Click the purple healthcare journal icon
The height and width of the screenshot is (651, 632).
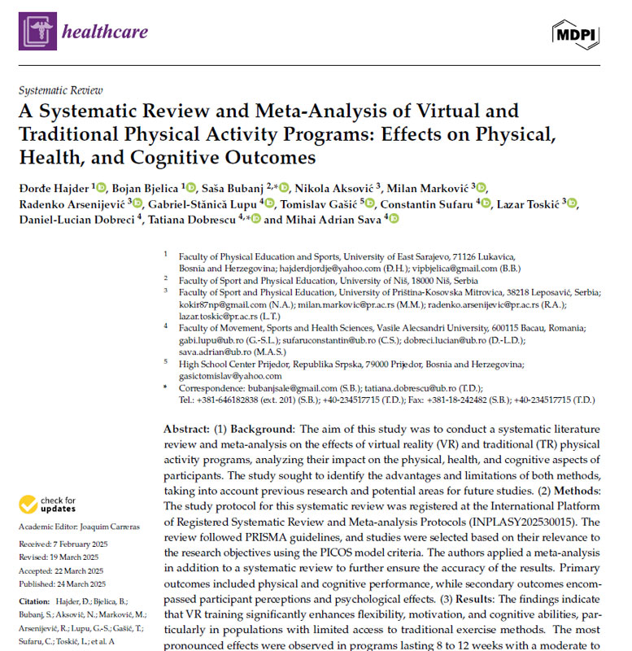point(37,31)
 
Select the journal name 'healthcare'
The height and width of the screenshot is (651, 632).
point(105,32)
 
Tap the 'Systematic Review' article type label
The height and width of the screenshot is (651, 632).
point(60,91)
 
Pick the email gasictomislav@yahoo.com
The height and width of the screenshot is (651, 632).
point(230,376)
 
